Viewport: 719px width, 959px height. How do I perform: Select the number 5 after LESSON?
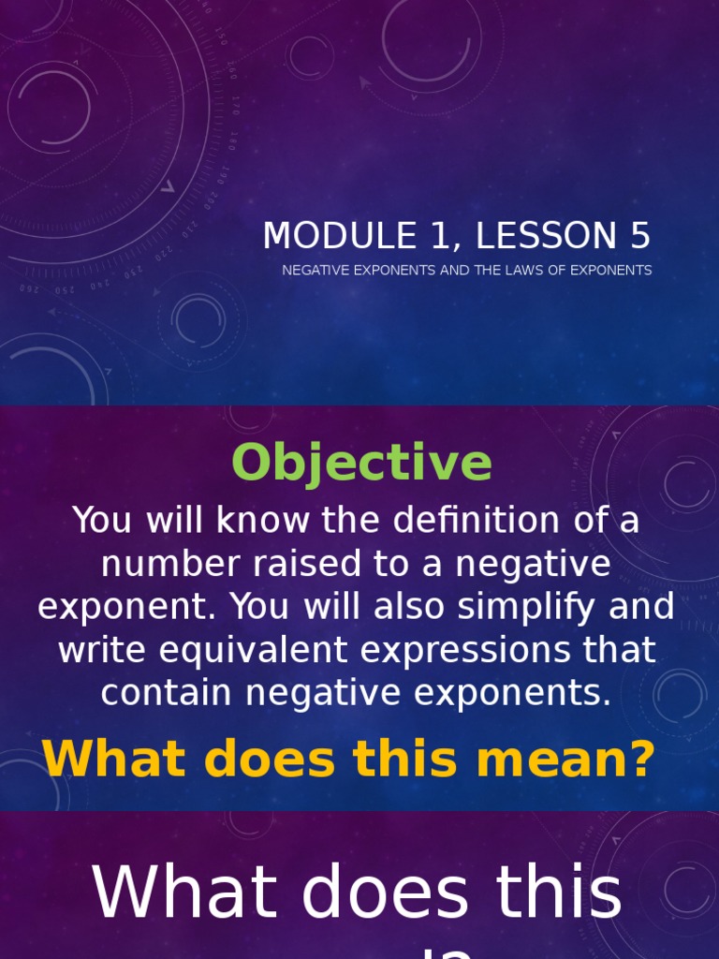point(640,236)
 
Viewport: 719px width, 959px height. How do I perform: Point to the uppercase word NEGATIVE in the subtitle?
point(317,271)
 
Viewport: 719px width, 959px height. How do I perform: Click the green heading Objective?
point(361,463)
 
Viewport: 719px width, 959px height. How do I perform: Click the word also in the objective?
point(410,608)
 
